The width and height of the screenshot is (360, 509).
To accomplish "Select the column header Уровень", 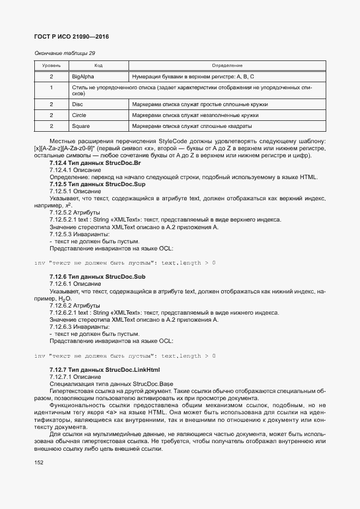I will pos(51,65).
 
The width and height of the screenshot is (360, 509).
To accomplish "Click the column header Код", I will pos(98,65).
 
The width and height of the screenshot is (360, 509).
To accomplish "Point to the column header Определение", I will pos(227,65).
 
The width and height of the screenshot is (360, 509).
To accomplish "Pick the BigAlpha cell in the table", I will pos(83,76).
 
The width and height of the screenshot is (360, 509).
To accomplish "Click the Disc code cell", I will pos(77,104).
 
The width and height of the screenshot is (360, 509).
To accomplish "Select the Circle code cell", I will pos(80,115).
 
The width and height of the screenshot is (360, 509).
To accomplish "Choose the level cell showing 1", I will pos(51,87).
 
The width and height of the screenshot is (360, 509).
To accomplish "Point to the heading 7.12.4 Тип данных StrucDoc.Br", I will pos(95,163).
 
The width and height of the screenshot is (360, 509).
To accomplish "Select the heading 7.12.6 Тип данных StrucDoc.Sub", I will pos(97,277).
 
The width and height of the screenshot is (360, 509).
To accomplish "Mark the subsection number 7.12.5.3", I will pos(62,234).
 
